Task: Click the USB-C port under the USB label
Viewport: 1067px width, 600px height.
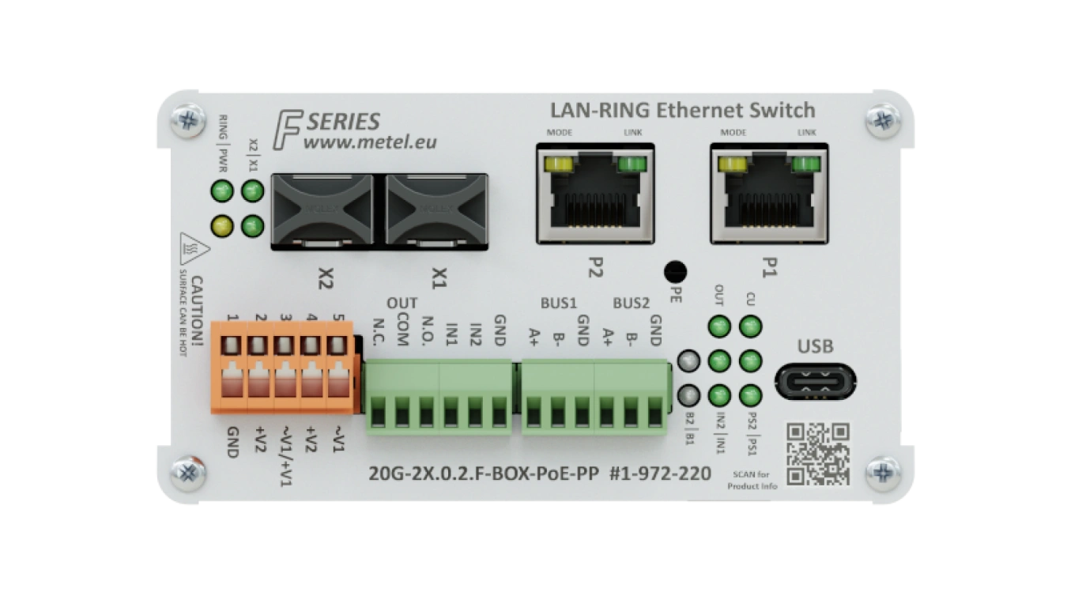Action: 816,382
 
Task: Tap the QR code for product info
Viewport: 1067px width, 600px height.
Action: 817,453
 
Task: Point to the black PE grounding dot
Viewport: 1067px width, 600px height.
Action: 673,272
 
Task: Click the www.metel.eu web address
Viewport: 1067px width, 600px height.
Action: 370,142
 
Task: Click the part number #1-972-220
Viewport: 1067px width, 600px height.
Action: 661,473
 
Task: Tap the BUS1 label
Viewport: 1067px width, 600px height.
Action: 558,303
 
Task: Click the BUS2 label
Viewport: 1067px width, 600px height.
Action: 631,303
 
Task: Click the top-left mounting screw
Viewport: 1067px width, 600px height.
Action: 188,120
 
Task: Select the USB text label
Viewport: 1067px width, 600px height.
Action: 815,346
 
